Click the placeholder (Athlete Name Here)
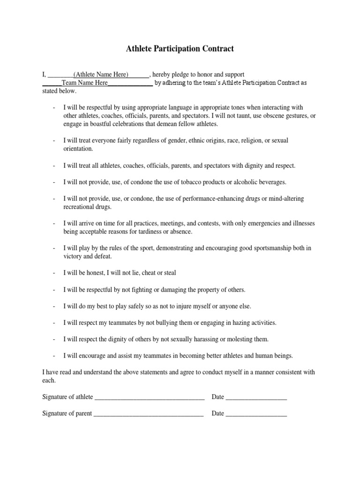(100, 75)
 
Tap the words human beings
(273, 356)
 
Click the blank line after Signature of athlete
(150, 397)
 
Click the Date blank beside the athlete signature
(256, 397)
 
